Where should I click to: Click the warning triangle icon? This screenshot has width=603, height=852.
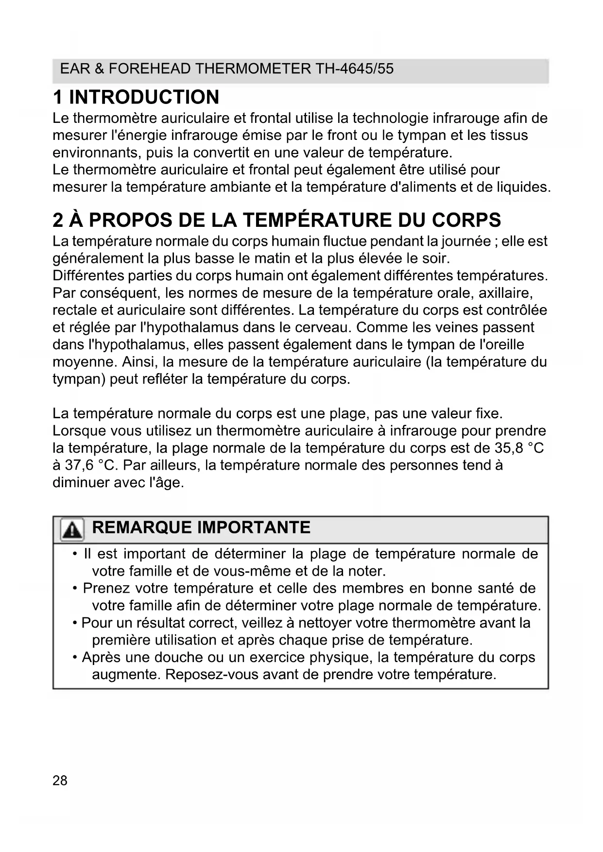[72, 529]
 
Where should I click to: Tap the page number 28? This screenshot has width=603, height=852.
[60, 781]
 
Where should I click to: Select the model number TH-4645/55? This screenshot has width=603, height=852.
[354, 68]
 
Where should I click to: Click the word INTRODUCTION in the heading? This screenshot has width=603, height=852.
[144, 97]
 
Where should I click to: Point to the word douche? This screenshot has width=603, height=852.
[178, 657]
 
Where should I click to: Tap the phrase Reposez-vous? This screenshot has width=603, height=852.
[212, 674]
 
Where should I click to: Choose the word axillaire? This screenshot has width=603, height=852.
[506, 293]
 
